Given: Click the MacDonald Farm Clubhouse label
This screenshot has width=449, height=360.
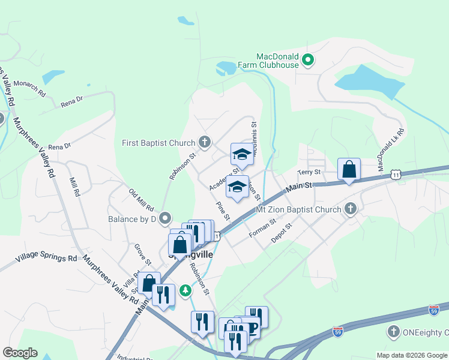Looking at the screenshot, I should tap(277, 60).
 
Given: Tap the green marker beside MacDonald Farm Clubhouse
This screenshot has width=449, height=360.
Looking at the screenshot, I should tap(308, 59).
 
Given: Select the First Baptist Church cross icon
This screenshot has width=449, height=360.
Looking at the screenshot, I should tap(205, 143).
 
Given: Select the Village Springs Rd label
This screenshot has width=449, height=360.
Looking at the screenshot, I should tap(46, 259).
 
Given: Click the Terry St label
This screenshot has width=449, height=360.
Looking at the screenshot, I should tap(310, 173).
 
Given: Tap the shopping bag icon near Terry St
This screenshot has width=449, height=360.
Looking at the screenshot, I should tap(349, 170).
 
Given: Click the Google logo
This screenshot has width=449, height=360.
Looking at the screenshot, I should tap(20, 353).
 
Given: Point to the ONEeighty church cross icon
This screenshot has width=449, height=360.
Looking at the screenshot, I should tap(393, 331).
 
